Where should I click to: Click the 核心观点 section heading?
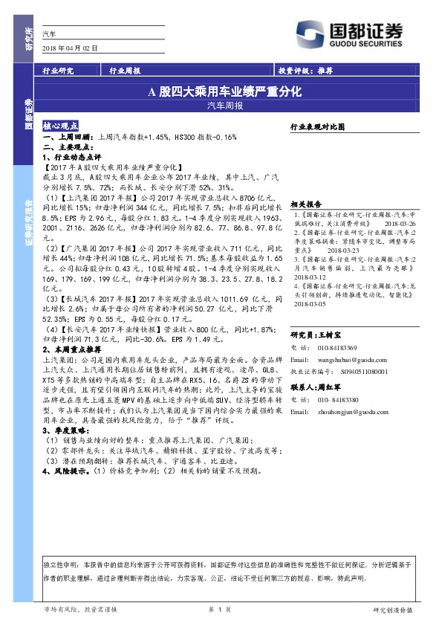(65, 127)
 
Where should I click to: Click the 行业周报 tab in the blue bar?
(125, 71)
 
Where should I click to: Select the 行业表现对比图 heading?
(317, 127)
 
